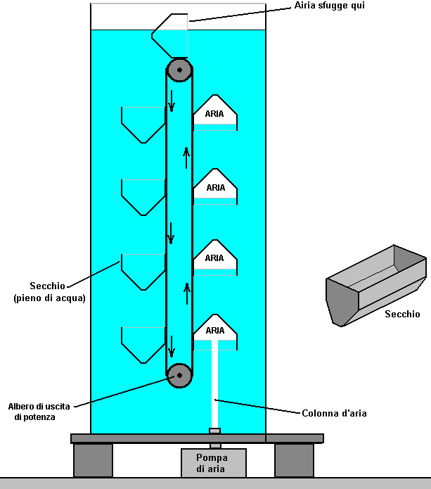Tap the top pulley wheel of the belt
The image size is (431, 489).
pos(179,70)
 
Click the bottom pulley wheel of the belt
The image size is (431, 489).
pos(179,375)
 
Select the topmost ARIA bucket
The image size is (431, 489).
pos(214,111)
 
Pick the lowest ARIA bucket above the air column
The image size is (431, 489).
pos(214,328)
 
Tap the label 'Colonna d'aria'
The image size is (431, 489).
pos(334,413)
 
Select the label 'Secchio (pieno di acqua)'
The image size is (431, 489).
pos(49,292)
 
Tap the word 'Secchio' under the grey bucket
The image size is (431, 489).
pos(402,315)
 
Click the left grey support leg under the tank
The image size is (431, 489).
pos(93,460)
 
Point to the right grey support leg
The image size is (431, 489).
pos(294,460)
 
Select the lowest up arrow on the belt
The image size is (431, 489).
pos(187,291)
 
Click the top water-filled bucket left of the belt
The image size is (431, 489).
pos(143,124)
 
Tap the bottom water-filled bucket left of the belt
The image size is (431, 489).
pos(143,345)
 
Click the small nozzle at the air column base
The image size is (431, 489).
pos(215,431)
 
